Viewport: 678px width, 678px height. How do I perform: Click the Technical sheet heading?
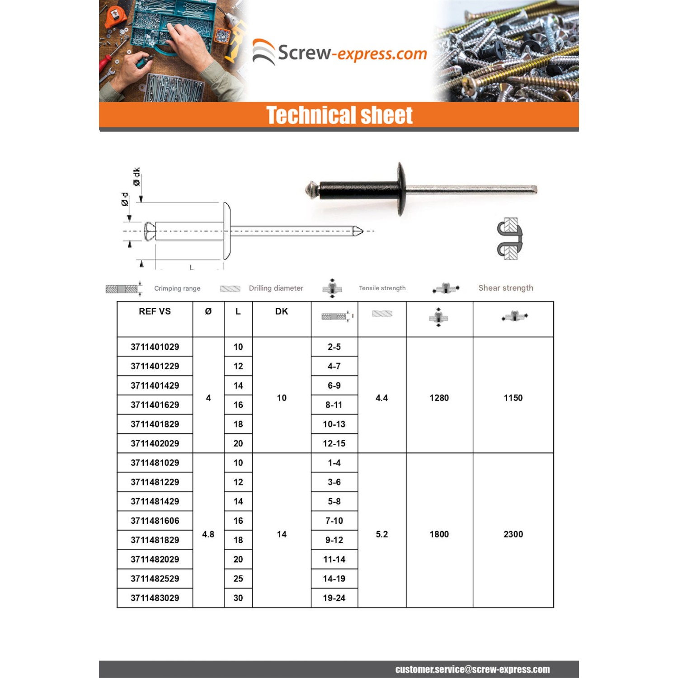click(x=339, y=115)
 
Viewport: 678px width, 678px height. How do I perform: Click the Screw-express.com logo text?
click(x=352, y=53)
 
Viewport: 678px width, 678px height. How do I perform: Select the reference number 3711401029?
click(x=155, y=347)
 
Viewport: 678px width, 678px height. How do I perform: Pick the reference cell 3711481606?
click(x=155, y=521)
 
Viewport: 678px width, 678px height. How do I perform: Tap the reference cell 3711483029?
click(x=155, y=598)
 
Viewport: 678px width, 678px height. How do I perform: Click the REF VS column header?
click(x=155, y=311)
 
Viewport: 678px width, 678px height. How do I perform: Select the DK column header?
click(x=282, y=311)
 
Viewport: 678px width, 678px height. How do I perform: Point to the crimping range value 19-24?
click(x=334, y=598)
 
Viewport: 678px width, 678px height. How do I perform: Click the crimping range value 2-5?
click(x=334, y=347)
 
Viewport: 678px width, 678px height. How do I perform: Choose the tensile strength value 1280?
click(x=439, y=398)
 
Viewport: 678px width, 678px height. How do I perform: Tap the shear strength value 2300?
click(x=513, y=534)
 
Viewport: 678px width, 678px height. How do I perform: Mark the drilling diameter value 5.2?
click(x=381, y=534)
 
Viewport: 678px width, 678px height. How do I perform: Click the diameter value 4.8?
click(x=208, y=534)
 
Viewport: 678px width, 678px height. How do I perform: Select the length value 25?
click(x=238, y=579)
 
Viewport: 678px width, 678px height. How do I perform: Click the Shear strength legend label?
click(x=506, y=288)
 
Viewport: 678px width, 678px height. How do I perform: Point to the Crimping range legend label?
click(x=177, y=288)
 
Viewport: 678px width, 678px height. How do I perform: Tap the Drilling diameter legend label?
click(x=276, y=288)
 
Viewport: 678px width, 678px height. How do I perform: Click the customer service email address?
click(x=472, y=669)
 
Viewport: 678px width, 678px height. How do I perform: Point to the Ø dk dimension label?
click(x=137, y=177)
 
